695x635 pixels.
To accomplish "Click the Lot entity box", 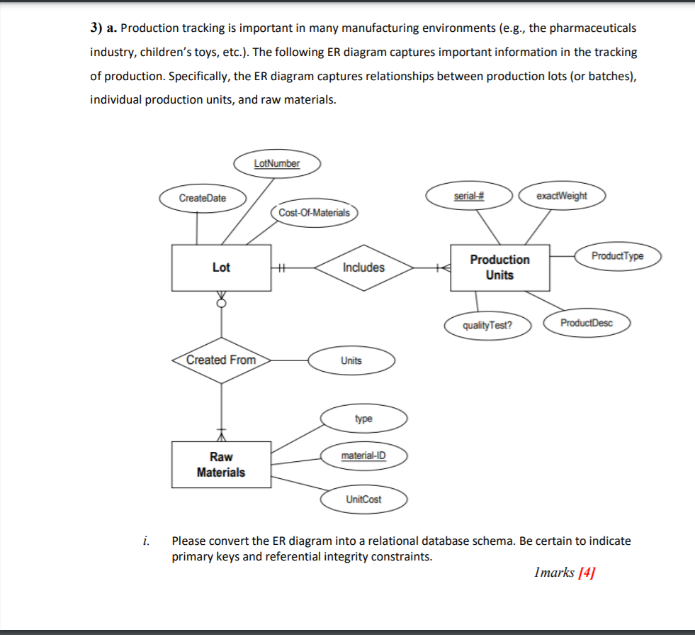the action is (221, 267).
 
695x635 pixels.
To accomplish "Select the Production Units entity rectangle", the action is (500, 267).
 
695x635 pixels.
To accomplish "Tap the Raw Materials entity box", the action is (221, 465).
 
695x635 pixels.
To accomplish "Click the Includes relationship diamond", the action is (364, 267).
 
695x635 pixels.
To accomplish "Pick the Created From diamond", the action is (221, 360).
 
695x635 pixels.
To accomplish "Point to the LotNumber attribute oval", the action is (277, 164).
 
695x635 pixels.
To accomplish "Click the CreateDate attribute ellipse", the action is (203, 199).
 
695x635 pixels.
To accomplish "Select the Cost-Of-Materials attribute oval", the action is (315, 213).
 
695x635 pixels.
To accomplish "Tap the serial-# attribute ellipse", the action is (469, 196).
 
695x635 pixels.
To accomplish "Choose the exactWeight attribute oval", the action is (562, 196).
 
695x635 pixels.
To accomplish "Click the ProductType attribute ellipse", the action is (618, 256).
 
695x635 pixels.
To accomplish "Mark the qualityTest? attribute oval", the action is (487, 326).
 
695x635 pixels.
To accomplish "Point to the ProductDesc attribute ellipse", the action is (587, 323).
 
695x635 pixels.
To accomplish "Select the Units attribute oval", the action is (351, 360).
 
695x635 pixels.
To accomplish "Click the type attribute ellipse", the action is (364, 419).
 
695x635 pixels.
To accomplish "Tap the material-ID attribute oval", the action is (364, 455).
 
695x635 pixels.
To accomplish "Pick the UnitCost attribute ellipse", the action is (364, 499).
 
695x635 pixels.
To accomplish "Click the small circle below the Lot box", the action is (222, 304).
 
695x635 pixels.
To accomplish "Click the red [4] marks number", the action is (587, 573).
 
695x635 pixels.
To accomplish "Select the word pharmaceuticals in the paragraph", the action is (592, 28).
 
